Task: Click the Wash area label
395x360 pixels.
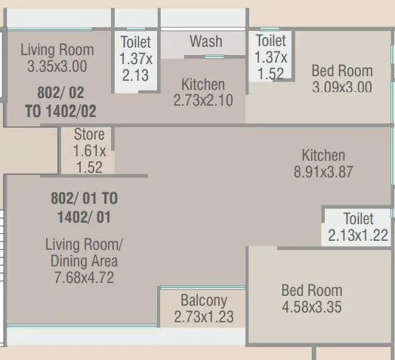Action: tap(205, 41)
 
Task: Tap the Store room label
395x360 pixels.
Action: tap(89, 134)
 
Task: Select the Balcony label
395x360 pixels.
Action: tap(203, 300)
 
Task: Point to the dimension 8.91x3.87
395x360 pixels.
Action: tap(323, 171)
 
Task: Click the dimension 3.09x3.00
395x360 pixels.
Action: tap(341, 87)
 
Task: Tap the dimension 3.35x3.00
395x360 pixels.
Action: tap(57, 66)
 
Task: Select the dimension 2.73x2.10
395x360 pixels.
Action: tap(203, 100)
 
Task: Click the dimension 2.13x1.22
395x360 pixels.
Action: tap(358, 235)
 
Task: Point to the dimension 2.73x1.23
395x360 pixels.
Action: tap(203, 316)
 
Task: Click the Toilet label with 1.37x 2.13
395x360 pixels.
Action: tap(135, 42)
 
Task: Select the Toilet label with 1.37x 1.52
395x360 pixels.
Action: tap(270, 41)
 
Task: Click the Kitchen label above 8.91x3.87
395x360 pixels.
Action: tap(323, 155)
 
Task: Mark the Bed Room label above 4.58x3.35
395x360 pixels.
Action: tap(311, 291)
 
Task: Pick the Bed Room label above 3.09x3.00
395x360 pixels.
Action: tap(341, 71)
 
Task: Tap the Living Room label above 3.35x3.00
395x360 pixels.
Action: tap(57, 51)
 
